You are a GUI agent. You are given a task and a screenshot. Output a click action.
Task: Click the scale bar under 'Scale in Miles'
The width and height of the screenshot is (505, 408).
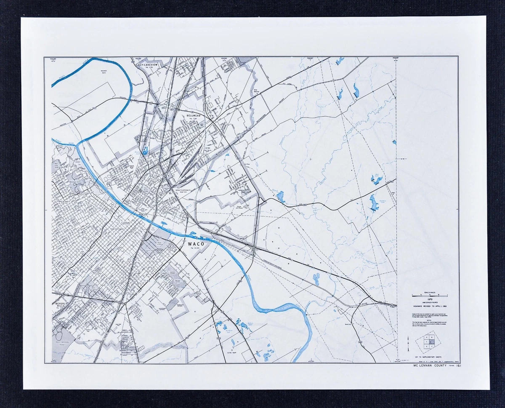tap(430, 295)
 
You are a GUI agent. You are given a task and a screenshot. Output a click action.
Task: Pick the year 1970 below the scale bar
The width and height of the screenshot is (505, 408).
tap(430, 300)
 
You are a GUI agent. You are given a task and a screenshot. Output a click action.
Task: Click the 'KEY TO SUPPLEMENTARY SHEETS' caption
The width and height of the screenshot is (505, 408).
tap(429, 357)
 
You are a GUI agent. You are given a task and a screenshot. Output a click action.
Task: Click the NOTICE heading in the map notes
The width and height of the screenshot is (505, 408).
tap(429, 319)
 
